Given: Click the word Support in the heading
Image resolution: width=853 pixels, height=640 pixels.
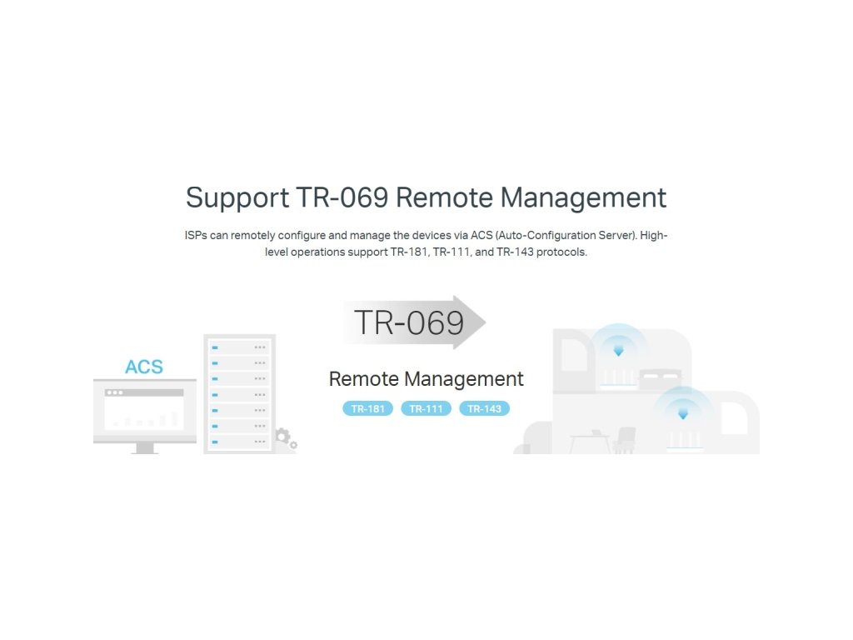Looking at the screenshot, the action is pyautogui.click(x=237, y=198).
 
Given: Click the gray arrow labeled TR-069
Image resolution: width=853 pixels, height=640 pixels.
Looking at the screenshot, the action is pyautogui.click(x=414, y=322).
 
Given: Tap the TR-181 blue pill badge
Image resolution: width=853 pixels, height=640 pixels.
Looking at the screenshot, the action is pyautogui.click(x=367, y=408).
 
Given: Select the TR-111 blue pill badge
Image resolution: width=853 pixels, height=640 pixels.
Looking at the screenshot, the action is pyautogui.click(x=426, y=408).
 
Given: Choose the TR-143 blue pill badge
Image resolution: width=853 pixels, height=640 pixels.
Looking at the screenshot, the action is pyautogui.click(x=484, y=408).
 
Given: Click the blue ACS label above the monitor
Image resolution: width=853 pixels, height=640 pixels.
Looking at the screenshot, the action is pyautogui.click(x=144, y=367).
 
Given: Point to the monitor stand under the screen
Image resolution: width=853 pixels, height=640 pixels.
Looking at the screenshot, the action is pyautogui.click(x=145, y=447).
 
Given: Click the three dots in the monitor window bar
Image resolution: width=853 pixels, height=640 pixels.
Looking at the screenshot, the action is pyautogui.click(x=113, y=392).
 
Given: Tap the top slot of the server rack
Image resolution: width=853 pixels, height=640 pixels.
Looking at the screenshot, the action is pyautogui.click(x=239, y=347).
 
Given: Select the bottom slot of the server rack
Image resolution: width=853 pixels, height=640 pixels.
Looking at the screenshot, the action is pyautogui.click(x=239, y=442).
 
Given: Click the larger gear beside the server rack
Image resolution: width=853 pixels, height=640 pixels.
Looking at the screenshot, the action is pyautogui.click(x=282, y=435).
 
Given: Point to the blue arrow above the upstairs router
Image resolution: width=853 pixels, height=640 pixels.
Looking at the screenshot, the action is pyautogui.click(x=618, y=351).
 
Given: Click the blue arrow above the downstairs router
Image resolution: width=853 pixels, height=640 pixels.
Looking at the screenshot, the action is pyautogui.click(x=683, y=413).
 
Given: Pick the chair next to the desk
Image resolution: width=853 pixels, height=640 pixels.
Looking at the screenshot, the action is pyautogui.click(x=626, y=439).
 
